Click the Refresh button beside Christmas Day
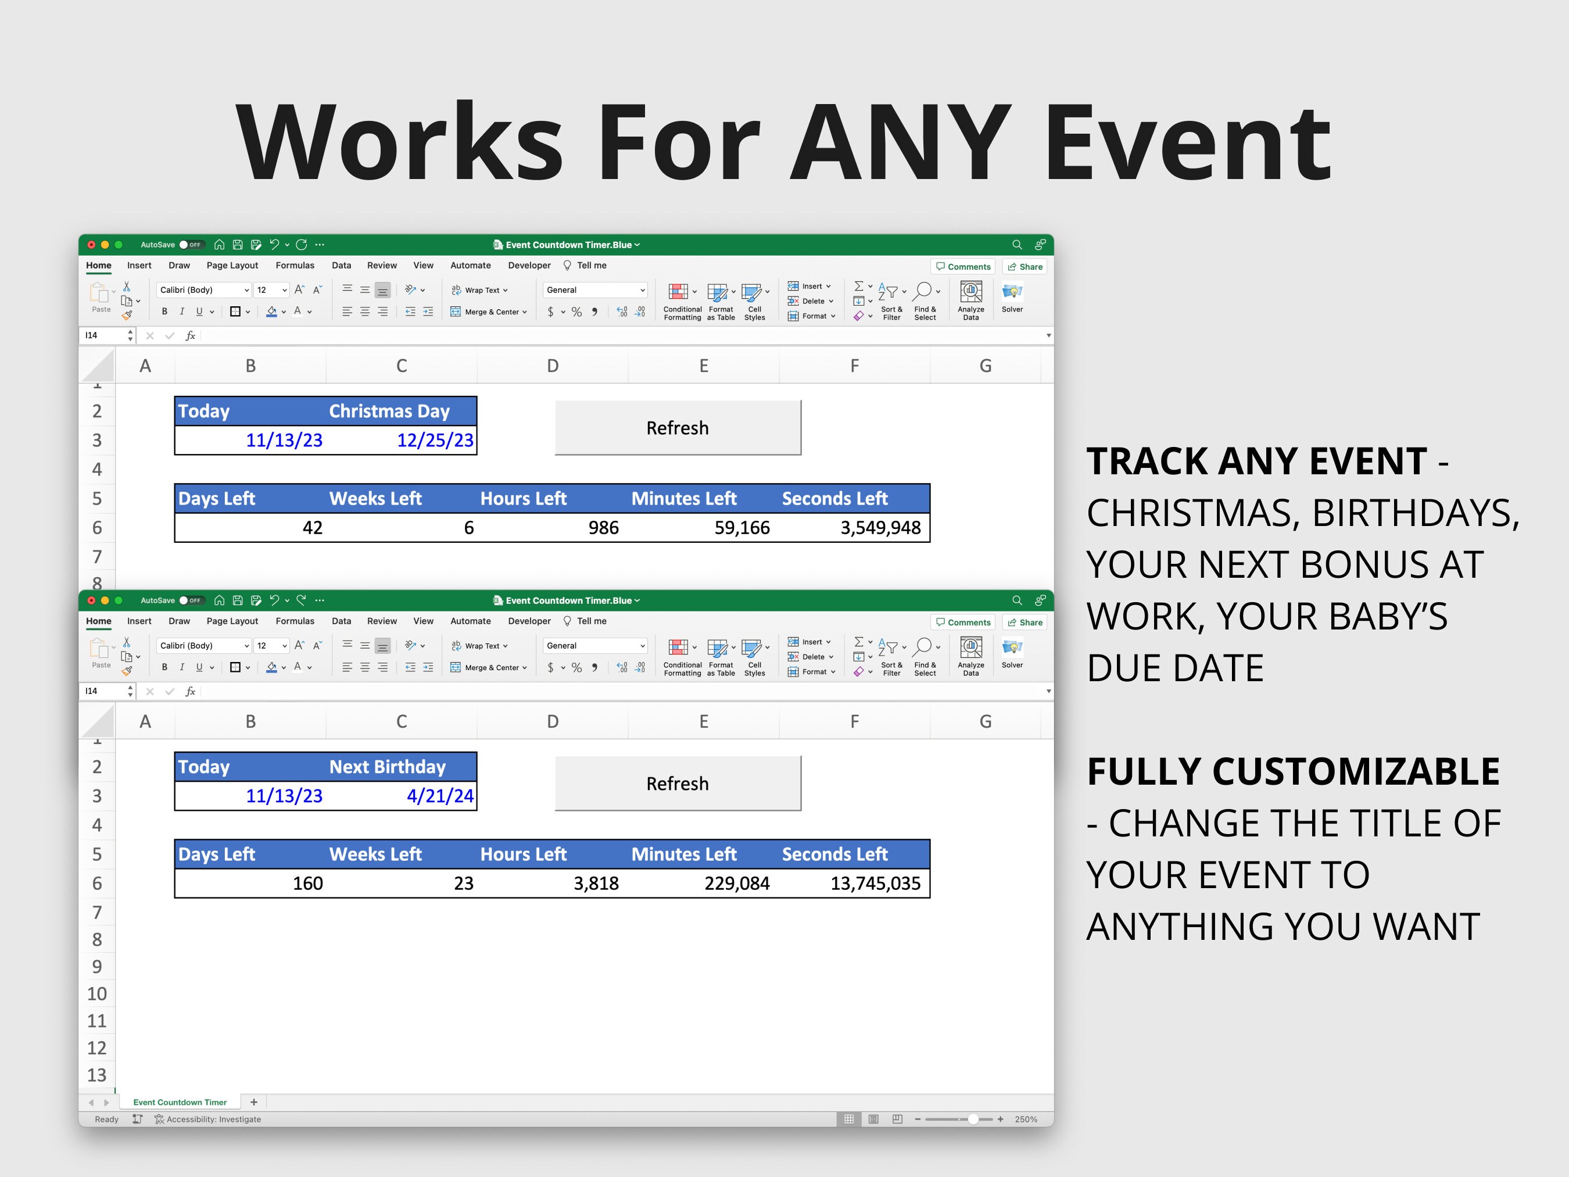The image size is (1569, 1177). [x=678, y=428]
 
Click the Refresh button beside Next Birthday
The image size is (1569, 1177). [x=678, y=784]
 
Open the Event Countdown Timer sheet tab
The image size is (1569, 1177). [x=180, y=1102]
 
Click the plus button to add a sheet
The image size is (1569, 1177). [x=254, y=1102]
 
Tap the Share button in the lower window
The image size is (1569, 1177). [x=1025, y=622]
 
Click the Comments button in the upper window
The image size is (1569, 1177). [x=963, y=267]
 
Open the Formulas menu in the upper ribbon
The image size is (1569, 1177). [x=295, y=266]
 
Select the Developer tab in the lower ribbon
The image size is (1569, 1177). [x=529, y=621]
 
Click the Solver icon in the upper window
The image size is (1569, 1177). [x=1012, y=296]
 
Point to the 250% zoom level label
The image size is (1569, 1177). [x=1026, y=1119]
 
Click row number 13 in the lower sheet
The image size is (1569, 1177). [x=96, y=1075]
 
